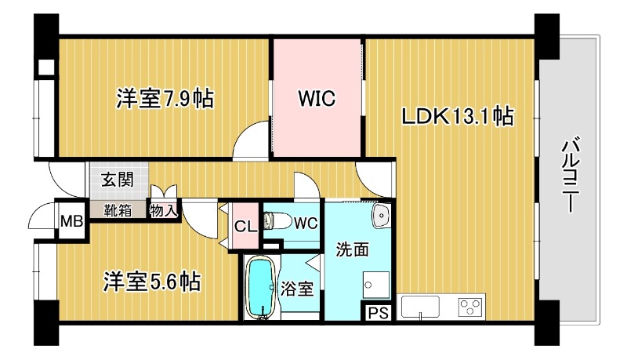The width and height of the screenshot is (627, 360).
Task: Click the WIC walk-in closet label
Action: coord(317,98)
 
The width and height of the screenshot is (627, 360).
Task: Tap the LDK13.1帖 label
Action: coord(457,116)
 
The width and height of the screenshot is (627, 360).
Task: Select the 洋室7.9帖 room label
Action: coord(165,98)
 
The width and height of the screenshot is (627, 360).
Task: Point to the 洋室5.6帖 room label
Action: coord(152,282)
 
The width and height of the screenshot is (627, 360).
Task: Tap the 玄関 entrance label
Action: coord(117,180)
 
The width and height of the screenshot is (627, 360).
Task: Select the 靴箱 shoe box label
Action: coord(118,210)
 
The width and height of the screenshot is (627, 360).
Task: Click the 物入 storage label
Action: coord(164,210)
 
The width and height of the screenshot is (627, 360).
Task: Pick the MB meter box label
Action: coord(71,221)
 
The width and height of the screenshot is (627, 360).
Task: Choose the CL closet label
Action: coord(245,227)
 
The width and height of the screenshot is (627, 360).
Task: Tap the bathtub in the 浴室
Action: coord(261,288)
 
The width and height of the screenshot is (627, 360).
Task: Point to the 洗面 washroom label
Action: coord(352,249)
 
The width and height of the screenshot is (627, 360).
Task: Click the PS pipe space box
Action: coord(378,313)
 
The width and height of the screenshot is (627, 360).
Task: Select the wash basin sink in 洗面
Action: coord(381,216)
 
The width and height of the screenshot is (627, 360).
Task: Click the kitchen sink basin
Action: coord(420,307)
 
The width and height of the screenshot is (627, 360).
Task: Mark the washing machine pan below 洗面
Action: coord(376,285)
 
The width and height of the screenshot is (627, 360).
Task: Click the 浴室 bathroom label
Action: coord(296,289)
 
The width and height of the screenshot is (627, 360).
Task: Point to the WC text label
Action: coord(306,224)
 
